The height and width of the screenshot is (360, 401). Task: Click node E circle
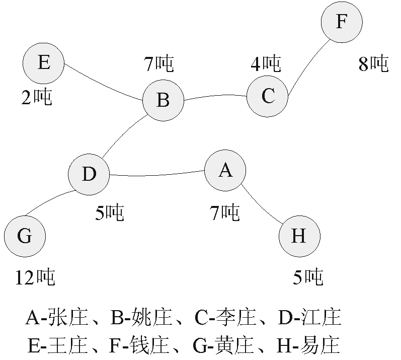tap(43, 63)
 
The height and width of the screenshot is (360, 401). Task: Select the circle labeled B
tap(163, 100)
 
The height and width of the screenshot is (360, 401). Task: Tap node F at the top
tap(342, 23)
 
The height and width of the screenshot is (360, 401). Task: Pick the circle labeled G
tap(25, 236)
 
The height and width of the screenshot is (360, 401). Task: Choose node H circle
tap(299, 236)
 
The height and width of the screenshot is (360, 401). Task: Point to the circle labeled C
tap(267, 96)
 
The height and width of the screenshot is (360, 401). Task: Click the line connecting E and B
tap(103, 83)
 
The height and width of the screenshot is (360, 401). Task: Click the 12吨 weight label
tap(35, 276)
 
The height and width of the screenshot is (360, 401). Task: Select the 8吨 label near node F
tap(373, 64)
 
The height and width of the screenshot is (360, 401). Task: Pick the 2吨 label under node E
tap(36, 98)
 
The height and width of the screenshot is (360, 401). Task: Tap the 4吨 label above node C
tap(266, 63)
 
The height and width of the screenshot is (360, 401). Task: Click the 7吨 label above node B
tap(158, 63)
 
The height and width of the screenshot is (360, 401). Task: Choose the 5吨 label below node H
tap(307, 276)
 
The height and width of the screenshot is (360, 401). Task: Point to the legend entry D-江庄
tap(309, 318)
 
